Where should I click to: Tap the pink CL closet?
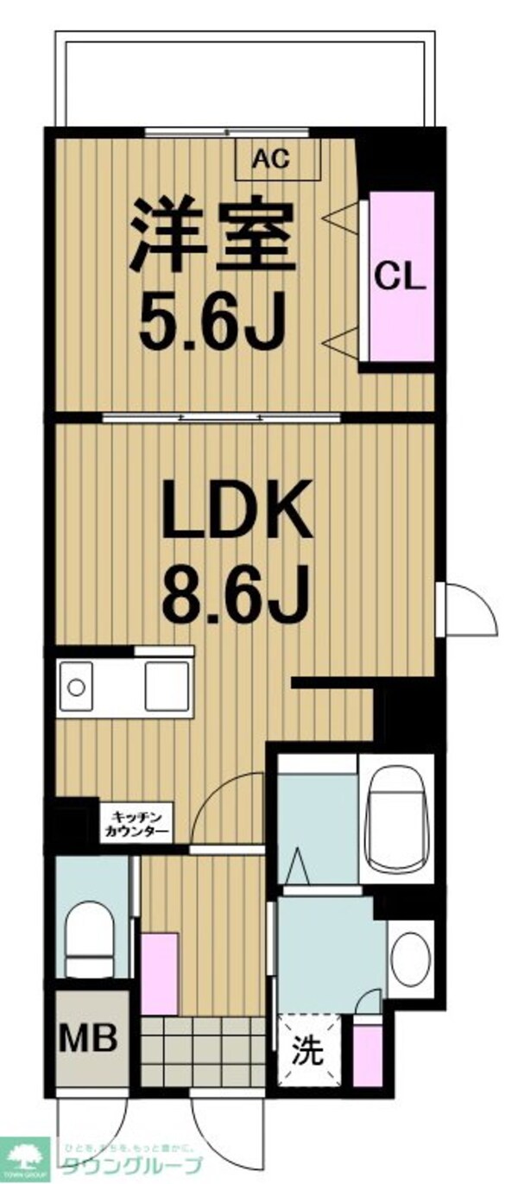(401, 276)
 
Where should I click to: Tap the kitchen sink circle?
(76, 687)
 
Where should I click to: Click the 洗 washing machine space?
(309, 1048)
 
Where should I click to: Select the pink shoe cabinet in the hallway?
(159, 972)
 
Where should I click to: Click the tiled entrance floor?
(202, 1049)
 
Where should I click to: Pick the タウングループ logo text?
(129, 1164)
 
